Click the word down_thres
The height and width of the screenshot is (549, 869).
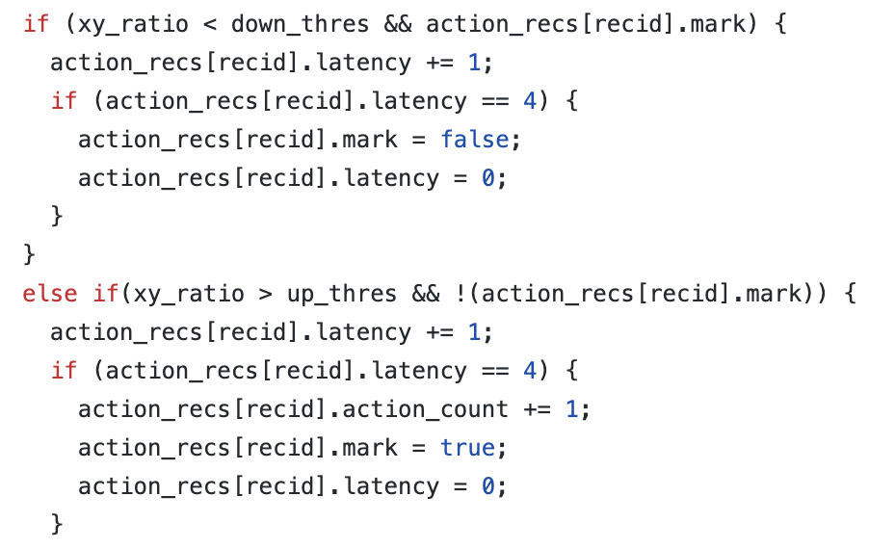301,24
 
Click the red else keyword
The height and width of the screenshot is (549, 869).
50,294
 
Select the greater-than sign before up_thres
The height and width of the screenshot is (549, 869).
259,294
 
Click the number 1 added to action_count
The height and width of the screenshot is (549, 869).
570,409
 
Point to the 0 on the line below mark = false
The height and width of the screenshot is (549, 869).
487,178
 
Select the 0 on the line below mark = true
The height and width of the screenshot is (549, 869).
487,486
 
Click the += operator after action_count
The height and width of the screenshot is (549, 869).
536,409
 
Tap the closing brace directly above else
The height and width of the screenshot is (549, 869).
29,255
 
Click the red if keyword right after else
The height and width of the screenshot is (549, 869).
106,294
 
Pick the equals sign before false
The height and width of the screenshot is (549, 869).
418,140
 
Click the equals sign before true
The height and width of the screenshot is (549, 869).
418,448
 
